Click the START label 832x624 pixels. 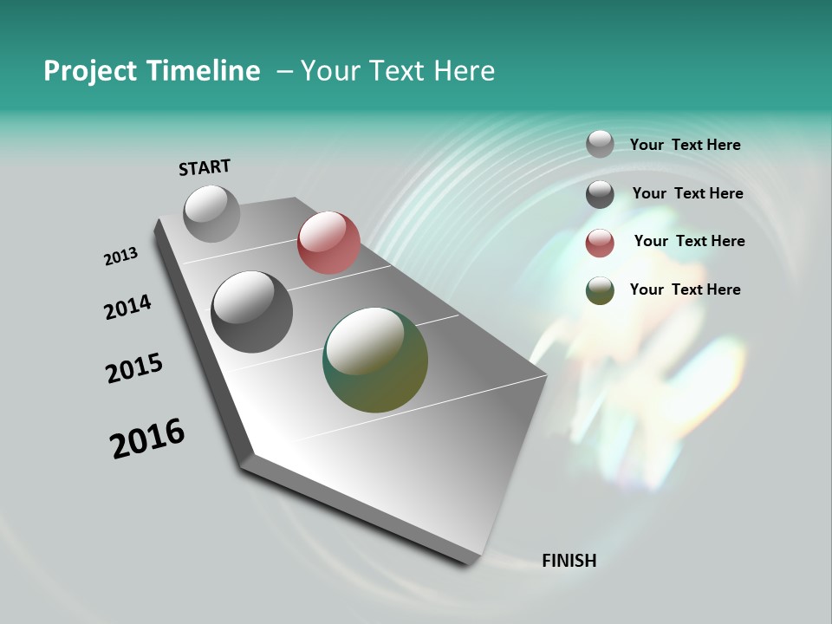coord(205,167)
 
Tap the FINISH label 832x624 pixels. coord(569,561)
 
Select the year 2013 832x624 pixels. coord(120,257)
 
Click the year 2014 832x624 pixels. coord(127,308)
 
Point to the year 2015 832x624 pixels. coord(134,368)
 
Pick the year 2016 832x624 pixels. coord(147,439)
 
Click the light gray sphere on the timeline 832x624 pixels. coord(212,213)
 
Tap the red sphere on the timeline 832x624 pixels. coord(328,243)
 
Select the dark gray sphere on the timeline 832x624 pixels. coord(251,312)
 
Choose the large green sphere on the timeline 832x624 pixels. coord(375,360)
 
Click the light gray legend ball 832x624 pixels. coord(600,144)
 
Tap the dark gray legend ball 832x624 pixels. coord(600,194)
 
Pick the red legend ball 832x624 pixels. coord(600,243)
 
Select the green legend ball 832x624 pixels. coord(600,290)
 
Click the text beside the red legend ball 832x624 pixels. coord(689,241)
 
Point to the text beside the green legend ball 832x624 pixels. coord(685,289)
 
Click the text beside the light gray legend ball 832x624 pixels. coord(685,145)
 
